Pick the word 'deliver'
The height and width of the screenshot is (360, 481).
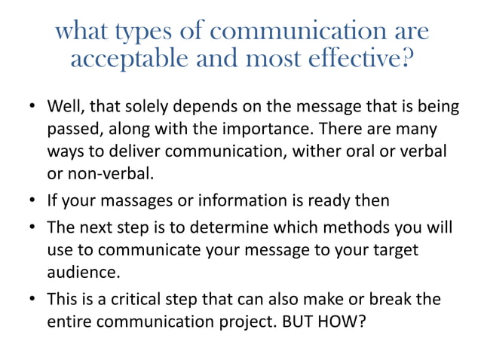click(x=124, y=151)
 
